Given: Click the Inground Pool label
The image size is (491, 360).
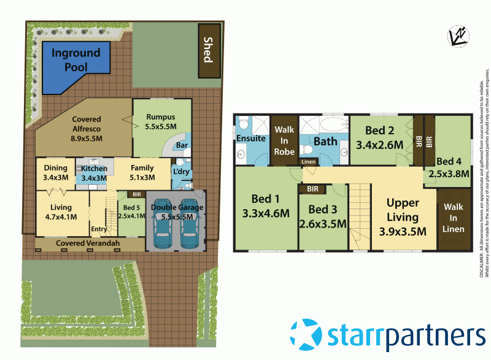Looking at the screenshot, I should (x=77, y=60).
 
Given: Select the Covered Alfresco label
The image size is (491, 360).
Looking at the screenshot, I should (x=86, y=128).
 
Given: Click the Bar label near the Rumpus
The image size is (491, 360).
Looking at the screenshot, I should (x=182, y=146).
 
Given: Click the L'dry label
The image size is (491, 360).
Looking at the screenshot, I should (x=180, y=172).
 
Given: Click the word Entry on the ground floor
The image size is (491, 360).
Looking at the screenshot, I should (x=99, y=229).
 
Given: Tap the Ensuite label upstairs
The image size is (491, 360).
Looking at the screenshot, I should (x=251, y=139).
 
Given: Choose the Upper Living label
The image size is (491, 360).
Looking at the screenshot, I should (x=403, y=210).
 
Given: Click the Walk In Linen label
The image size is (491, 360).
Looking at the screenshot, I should (x=454, y=219).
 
